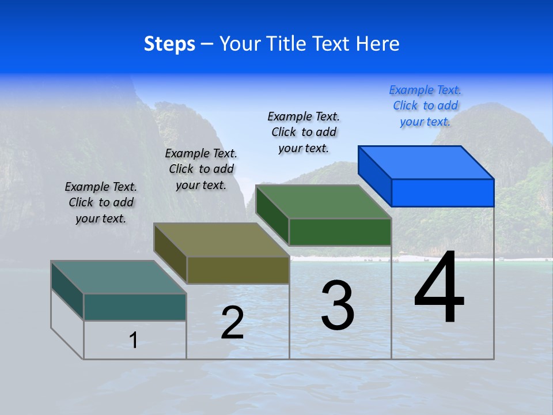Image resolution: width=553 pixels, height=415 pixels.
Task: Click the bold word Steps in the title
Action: (169, 44)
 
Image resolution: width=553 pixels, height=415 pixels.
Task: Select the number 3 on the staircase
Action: (338, 305)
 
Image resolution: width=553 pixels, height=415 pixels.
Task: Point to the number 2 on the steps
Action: (232, 323)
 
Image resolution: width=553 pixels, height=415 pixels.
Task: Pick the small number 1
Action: (133, 340)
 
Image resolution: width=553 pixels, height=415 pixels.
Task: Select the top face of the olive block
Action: (221, 240)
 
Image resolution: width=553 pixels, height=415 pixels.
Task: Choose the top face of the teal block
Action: (119, 277)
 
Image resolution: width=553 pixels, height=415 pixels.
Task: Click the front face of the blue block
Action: (442, 193)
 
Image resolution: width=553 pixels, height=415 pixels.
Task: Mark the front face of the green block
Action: (340, 232)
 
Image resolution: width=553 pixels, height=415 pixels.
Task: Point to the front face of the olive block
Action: (238, 270)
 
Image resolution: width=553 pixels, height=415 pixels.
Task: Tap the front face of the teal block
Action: (135, 307)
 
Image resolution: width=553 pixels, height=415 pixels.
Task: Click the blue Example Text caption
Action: (425, 106)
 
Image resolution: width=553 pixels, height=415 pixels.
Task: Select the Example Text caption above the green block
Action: (304, 132)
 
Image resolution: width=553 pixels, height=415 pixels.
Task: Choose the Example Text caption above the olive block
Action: (201, 169)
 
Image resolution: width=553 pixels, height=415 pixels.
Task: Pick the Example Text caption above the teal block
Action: (101, 202)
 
